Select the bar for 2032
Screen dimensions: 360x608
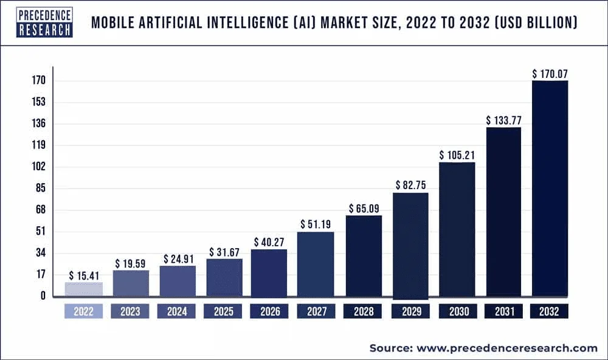point(550,189)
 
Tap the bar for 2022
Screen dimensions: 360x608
point(84,289)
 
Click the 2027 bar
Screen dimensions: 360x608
point(316,265)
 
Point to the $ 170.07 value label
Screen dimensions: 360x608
point(550,74)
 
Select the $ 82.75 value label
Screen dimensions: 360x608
point(411,185)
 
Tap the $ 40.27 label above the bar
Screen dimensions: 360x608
point(269,241)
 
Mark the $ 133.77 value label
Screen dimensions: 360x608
point(504,120)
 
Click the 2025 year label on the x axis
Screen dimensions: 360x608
point(223,311)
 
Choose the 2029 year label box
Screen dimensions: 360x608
point(410,311)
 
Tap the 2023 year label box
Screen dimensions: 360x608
point(130,311)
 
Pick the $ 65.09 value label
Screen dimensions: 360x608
point(365,208)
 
